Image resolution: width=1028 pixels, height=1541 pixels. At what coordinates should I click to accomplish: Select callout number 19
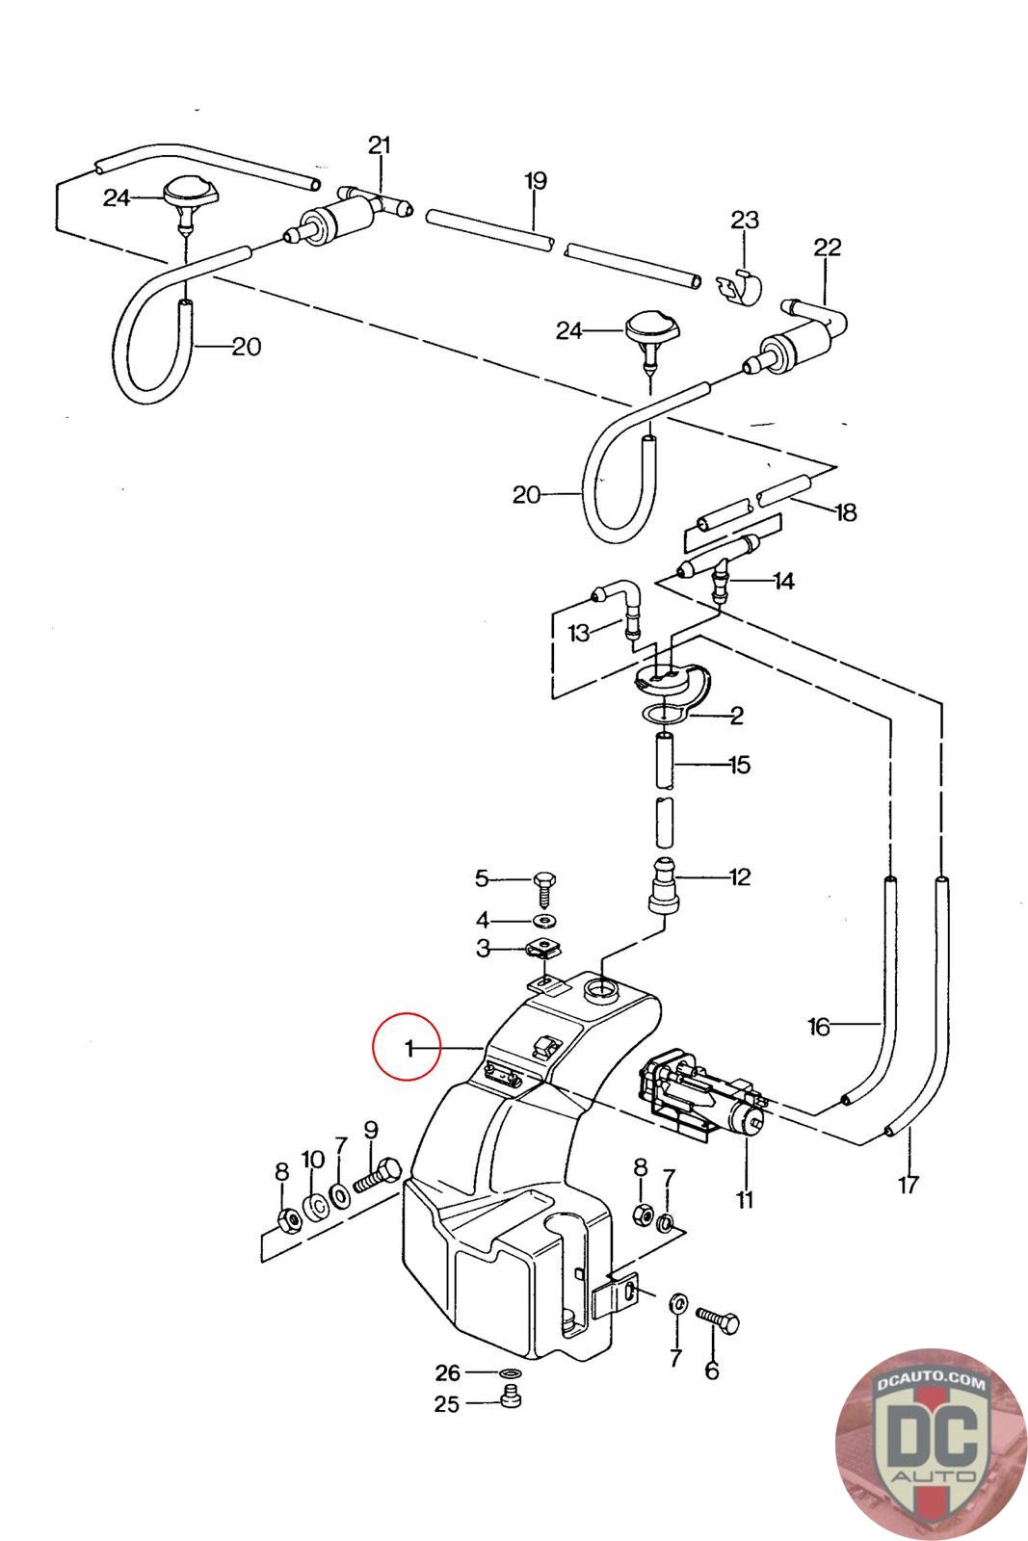[536, 180]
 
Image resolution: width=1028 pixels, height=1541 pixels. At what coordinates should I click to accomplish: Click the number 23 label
[745, 221]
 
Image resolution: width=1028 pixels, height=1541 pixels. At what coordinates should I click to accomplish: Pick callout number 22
[828, 248]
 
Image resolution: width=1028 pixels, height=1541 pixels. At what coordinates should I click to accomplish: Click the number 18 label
[845, 511]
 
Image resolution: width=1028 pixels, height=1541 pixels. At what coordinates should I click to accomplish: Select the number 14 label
[783, 582]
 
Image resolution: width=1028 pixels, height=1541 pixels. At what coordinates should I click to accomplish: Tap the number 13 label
[579, 633]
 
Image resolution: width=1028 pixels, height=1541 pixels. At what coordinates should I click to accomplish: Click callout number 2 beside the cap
[737, 716]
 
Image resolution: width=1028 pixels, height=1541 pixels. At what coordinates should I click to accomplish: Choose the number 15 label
[739, 766]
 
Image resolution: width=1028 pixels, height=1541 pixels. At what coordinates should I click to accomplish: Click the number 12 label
[740, 877]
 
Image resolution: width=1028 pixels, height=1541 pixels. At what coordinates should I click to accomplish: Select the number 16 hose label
[819, 1027]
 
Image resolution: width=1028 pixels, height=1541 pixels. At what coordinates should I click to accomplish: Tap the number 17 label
[909, 1184]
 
